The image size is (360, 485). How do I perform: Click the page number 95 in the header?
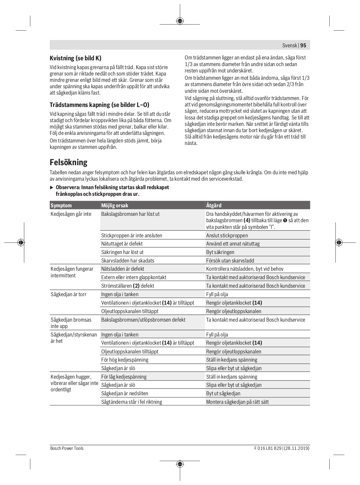[303, 45]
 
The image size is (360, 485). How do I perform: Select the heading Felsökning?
[69, 162]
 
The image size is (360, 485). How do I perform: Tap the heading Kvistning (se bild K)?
[76, 58]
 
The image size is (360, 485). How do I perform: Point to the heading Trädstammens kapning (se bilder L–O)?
[99, 105]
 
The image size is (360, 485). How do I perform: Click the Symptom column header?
[61, 205]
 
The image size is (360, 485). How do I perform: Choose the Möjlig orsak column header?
[115, 205]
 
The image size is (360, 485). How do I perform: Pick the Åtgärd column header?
[214, 205]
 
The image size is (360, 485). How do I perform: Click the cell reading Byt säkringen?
[220, 252]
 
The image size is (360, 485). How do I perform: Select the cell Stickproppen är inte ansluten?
[132, 235]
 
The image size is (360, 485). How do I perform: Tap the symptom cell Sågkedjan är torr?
[69, 294]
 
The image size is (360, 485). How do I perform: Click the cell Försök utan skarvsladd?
[230, 260]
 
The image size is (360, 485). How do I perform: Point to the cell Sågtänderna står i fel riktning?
[132, 402]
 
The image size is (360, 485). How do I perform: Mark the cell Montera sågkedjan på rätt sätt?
[237, 402]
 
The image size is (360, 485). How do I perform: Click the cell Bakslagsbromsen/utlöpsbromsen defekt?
[143, 319]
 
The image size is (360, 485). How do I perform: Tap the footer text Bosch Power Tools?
[67, 448]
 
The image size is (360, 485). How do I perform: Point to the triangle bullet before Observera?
[52, 187]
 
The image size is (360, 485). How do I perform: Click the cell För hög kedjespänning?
[125, 360]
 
